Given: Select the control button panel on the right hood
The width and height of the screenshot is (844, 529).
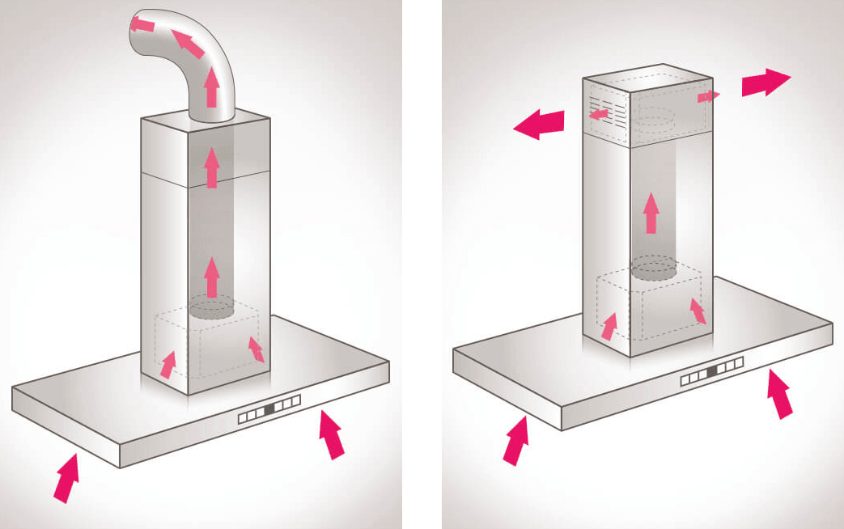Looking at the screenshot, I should tap(711, 374).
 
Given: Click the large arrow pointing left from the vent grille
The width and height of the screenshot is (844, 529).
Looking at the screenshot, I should tap(539, 125).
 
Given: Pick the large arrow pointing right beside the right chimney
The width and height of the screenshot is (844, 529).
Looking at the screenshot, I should tap(765, 83).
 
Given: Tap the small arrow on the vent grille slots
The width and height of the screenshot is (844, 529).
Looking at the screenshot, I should tap(599, 115).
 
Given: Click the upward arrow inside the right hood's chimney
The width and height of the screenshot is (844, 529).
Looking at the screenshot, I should tap(650, 213).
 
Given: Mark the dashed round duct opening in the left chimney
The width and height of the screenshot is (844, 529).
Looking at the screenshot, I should tap(212, 307).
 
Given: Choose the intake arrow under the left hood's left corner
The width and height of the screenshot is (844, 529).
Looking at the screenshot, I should tap(66, 477).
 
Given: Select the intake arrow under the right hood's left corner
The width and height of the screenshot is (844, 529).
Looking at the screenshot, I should tap(515, 440).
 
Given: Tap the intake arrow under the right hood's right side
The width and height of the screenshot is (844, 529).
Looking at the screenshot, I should tap(779, 393).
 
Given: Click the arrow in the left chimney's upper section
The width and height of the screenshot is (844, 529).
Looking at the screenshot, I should tap(212, 167).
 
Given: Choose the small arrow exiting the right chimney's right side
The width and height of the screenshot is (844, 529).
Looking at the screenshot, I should tap(708, 96).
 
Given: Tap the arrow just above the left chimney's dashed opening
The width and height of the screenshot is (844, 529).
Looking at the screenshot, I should tap(212, 277).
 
